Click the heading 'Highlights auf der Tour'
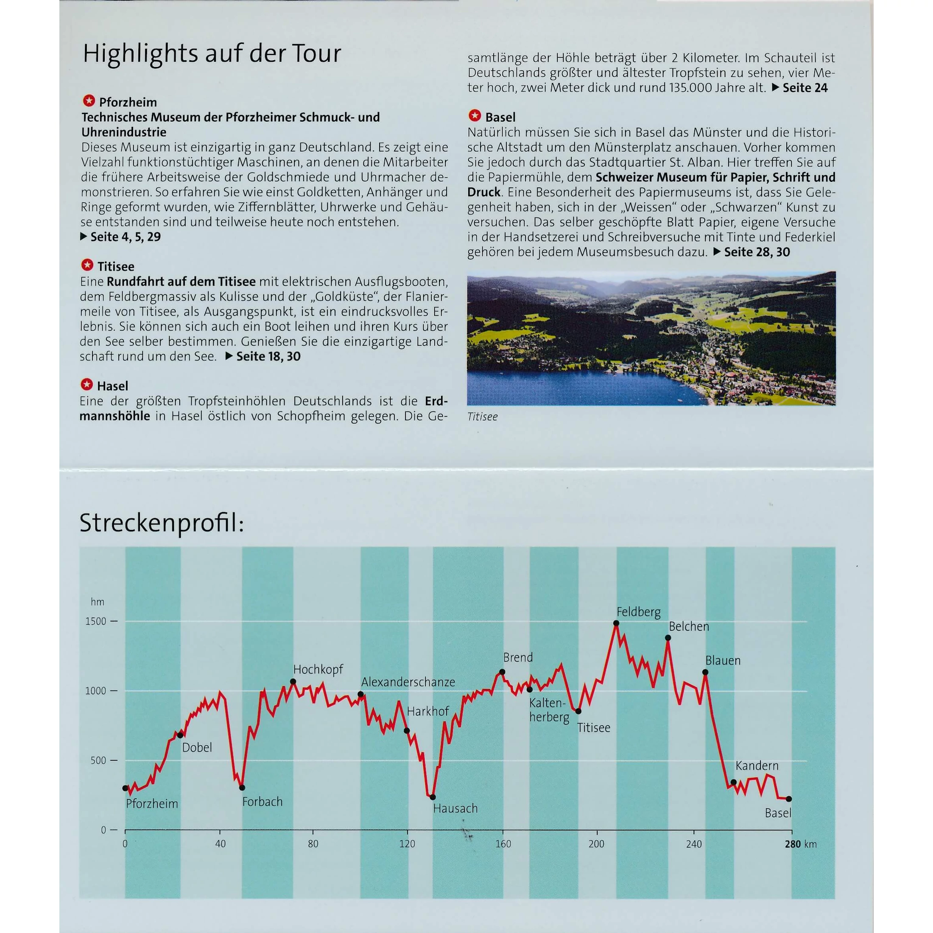tap(212, 53)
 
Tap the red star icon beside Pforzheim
tap(89, 101)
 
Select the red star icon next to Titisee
tap(87, 265)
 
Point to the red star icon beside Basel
tap(475, 116)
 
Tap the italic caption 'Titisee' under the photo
tap(482, 417)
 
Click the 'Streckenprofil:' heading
tap(162, 523)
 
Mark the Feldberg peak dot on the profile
tap(616, 623)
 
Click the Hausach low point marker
tap(433, 797)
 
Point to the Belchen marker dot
tap(668, 638)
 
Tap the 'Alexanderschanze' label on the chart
tap(408, 682)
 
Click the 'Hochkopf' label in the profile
tap(318, 669)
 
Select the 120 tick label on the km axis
tap(407, 844)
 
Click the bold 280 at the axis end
tap(793, 844)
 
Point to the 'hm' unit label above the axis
tap(98, 602)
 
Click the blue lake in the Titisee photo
tap(556, 386)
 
